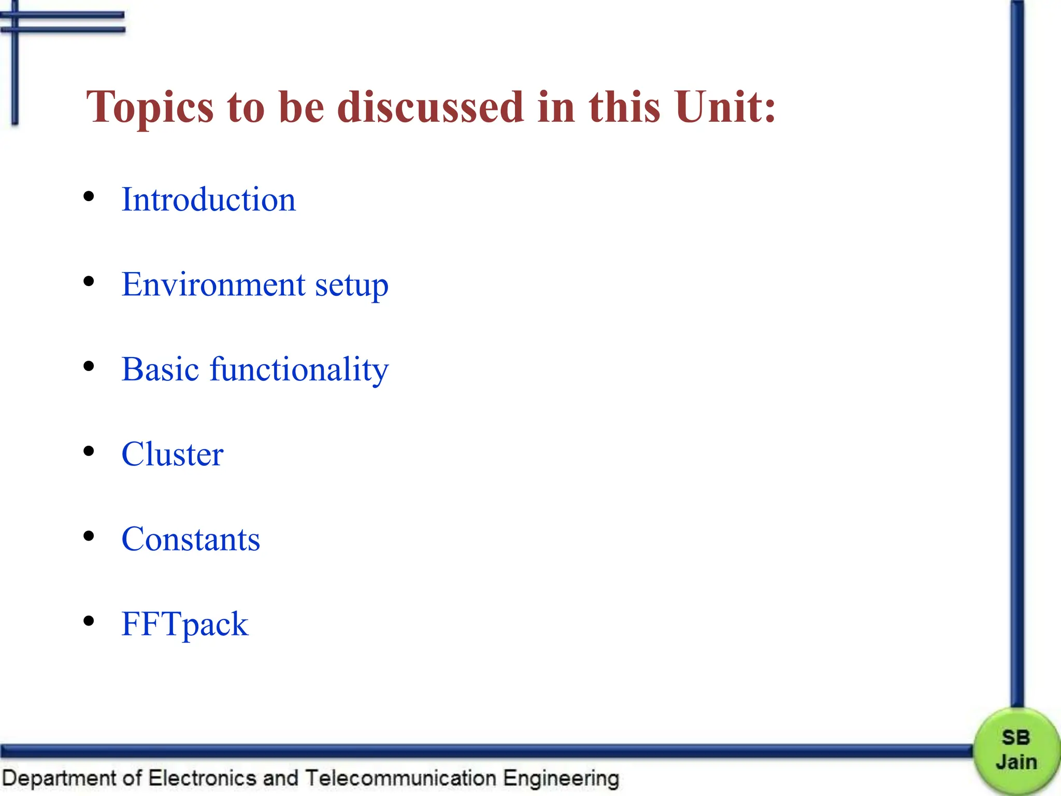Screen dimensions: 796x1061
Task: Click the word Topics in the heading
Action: tap(150, 108)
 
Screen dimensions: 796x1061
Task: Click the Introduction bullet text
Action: tap(208, 200)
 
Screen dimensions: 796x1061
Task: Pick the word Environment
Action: tap(213, 285)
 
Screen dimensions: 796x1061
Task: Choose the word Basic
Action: tap(160, 369)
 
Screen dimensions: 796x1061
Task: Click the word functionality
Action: tap(299, 371)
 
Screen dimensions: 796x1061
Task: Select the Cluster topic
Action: tap(172, 454)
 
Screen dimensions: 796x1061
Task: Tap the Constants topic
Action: tap(191, 539)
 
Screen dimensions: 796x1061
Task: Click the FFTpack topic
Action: tap(184, 624)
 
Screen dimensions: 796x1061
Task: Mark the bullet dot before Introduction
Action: tap(89, 196)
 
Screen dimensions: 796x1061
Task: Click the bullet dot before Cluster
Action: tap(89, 451)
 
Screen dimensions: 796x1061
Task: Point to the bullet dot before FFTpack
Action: tap(89, 621)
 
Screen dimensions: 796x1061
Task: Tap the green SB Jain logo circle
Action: tap(1015, 750)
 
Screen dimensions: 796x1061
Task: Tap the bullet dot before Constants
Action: tap(89, 536)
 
